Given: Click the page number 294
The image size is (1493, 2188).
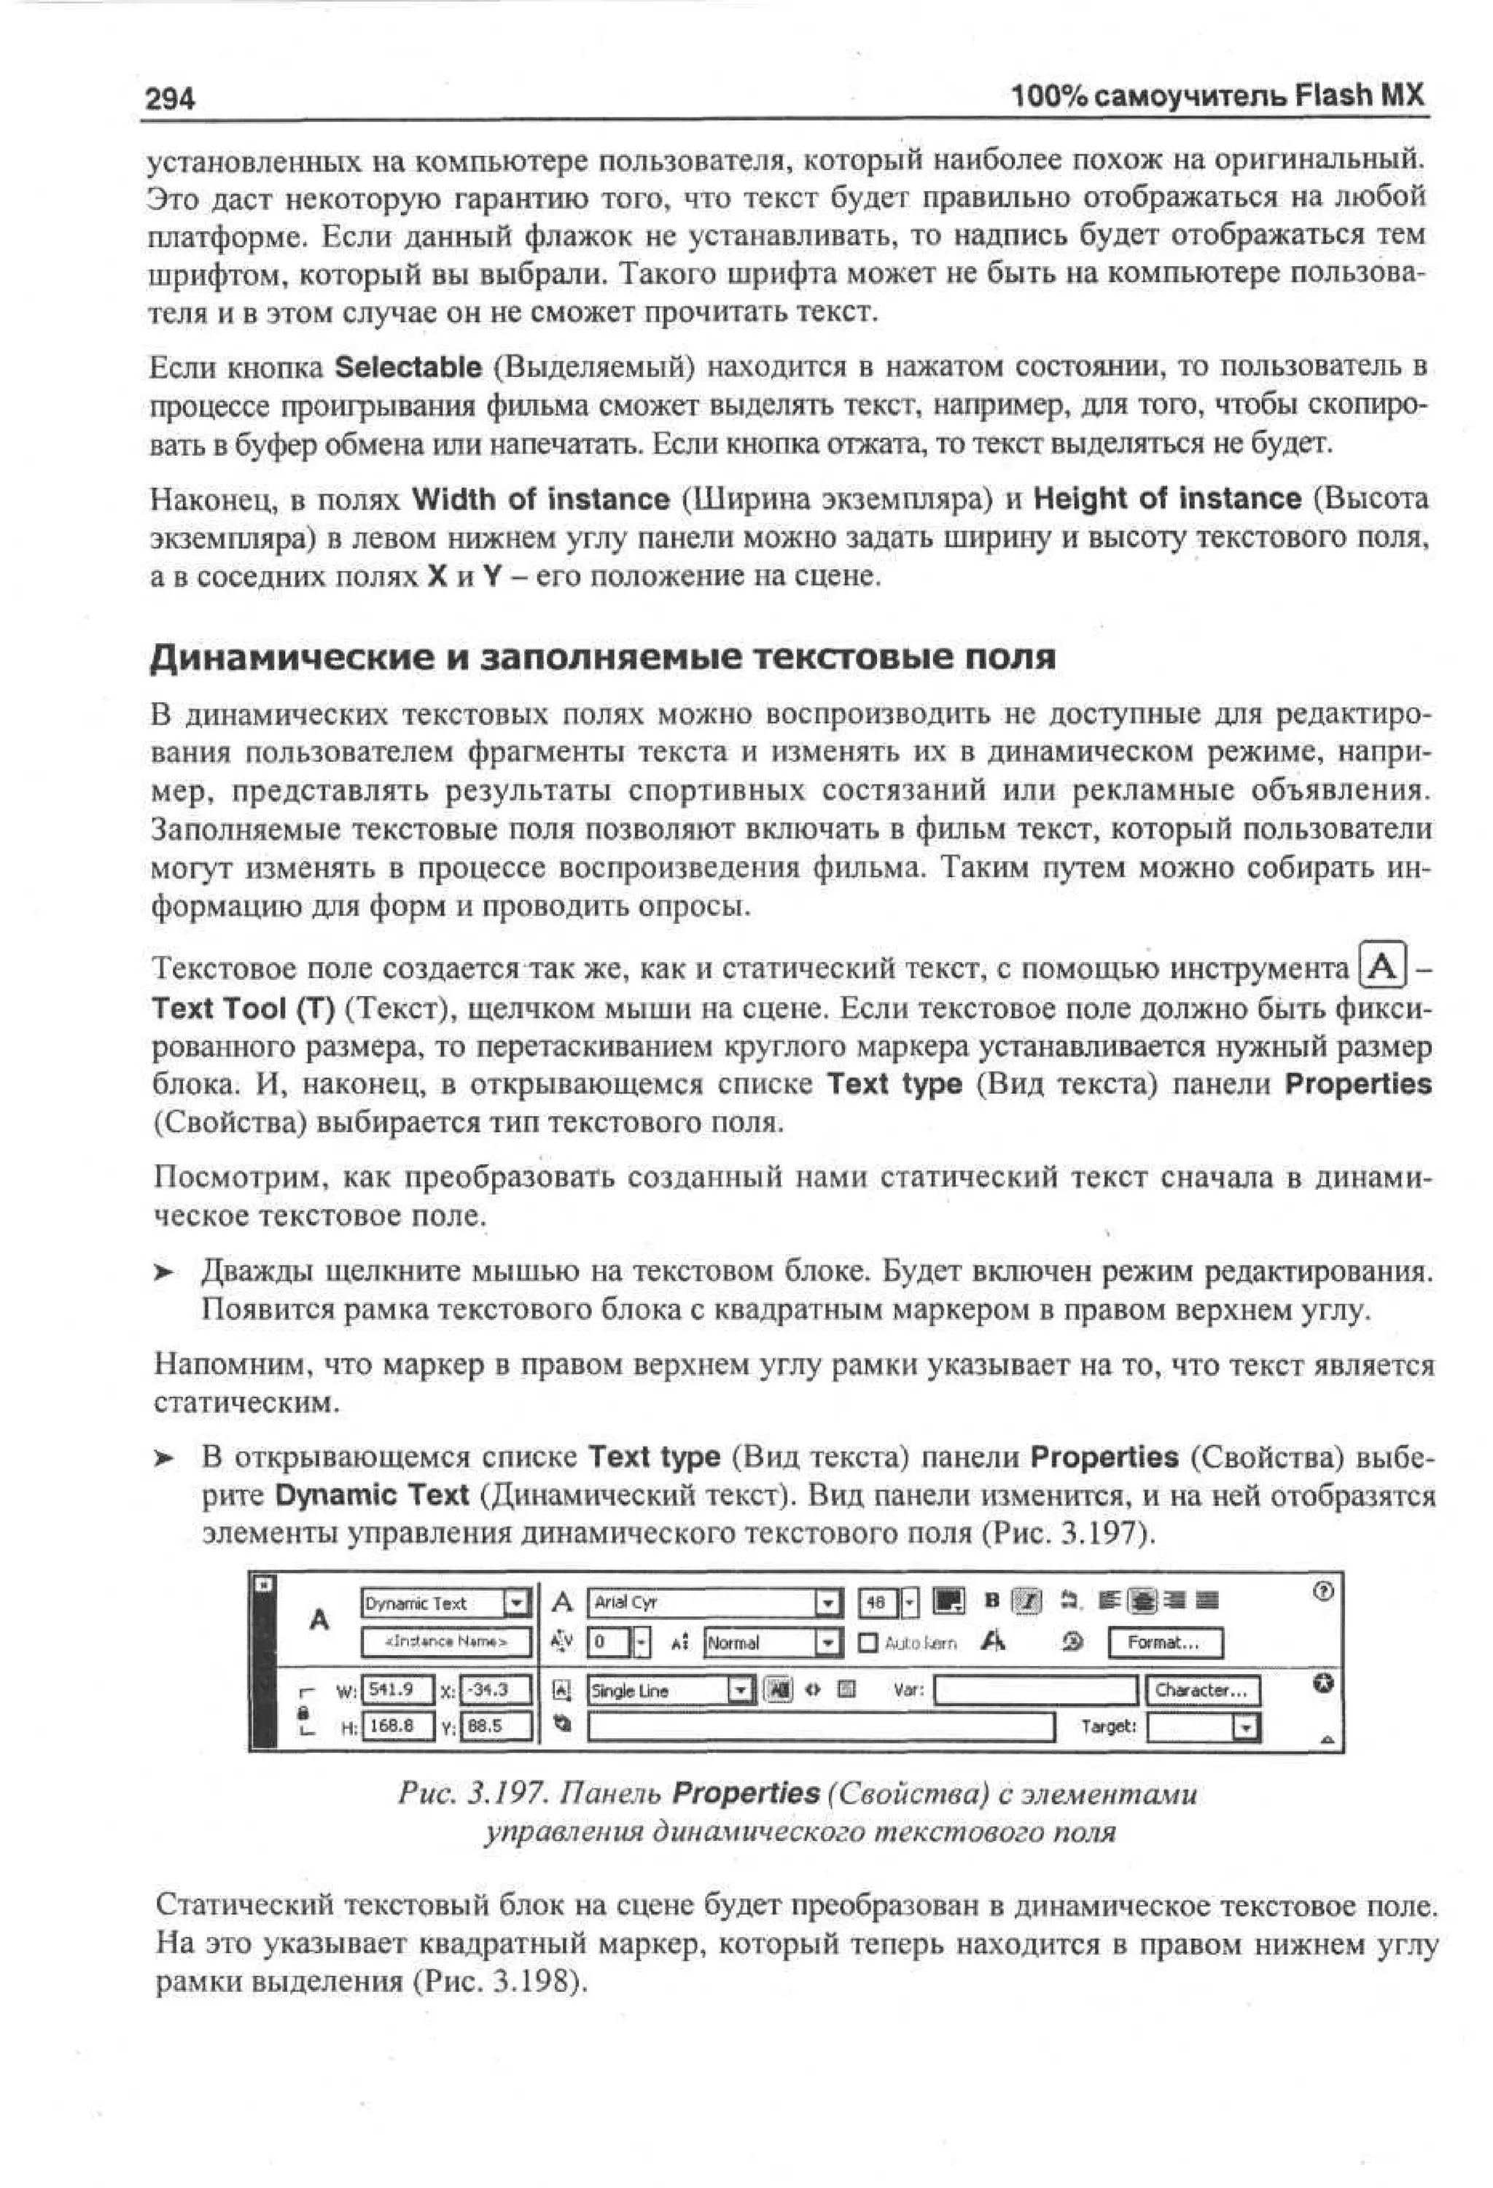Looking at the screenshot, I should click(x=169, y=98).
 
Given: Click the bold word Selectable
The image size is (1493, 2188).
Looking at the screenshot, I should click(x=408, y=367).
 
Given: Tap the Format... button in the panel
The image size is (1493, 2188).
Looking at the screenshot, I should click(x=1164, y=1643).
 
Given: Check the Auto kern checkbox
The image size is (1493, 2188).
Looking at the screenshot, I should click(x=869, y=1643).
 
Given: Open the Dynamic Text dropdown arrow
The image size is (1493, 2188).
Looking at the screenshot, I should click(x=517, y=1603).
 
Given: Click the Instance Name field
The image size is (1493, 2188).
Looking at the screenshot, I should click(x=446, y=1641).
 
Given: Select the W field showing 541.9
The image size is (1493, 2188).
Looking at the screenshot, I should click(x=397, y=1690).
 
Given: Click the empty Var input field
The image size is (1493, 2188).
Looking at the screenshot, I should click(x=1035, y=1691).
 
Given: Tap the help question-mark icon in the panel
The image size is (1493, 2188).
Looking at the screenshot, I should click(x=1322, y=1591).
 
